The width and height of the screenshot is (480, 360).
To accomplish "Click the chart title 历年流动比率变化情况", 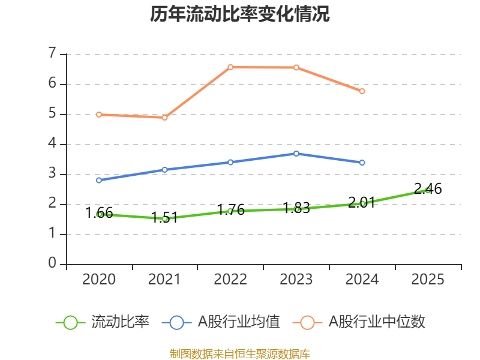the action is pyautogui.click(x=239, y=14).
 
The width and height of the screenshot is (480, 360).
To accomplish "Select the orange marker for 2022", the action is pyautogui.click(x=230, y=67).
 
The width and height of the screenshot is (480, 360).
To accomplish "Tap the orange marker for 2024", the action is pyautogui.click(x=362, y=91).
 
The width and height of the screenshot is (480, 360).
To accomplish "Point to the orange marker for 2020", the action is pyautogui.click(x=99, y=115).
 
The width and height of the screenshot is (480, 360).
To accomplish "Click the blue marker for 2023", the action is pyautogui.click(x=296, y=154).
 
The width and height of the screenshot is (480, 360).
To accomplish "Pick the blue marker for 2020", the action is pyautogui.click(x=99, y=181).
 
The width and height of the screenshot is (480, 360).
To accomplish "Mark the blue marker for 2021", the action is pyautogui.click(x=164, y=170).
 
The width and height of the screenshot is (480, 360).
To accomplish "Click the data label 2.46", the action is pyautogui.click(x=428, y=188).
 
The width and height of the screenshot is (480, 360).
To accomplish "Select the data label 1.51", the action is pyautogui.click(x=164, y=218).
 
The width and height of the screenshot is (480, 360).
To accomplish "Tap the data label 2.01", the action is pyautogui.click(x=362, y=202).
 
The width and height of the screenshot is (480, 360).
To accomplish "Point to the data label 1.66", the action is pyautogui.click(x=99, y=213).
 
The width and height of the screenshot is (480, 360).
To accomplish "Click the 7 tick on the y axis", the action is pyautogui.click(x=52, y=53).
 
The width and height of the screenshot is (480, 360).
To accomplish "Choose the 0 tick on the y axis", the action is pyautogui.click(x=52, y=263).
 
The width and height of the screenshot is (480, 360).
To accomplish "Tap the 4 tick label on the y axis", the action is pyautogui.click(x=52, y=143).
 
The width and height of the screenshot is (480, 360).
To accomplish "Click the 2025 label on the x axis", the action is pyautogui.click(x=428, y=279).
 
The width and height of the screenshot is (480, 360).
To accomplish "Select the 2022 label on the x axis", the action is pyautogui.click(x=230, y=279).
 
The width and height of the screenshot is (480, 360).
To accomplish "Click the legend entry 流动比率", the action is pyautogui.click(x=103, y=322).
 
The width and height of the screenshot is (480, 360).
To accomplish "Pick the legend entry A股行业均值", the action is pyautogui.click(x=221, y=322).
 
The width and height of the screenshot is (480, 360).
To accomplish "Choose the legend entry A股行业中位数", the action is pyautogui.click(x=359, y=322).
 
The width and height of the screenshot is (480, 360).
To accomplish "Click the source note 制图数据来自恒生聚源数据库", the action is pyautogui.click(x=240, y=354).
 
